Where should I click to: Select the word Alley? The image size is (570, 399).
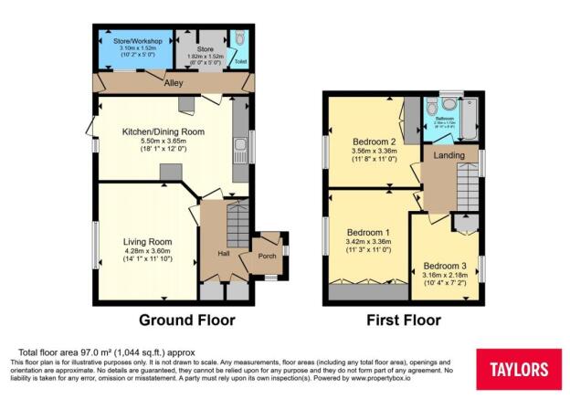coord(174,84)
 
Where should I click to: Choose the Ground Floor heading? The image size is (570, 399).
coord(186,320)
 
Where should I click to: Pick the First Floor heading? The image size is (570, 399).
coord(403,320)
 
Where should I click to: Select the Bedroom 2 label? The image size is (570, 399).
coord(374,142)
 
